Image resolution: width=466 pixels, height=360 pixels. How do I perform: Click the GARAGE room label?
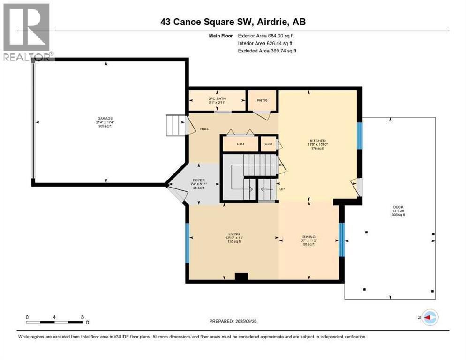[x=105, y=118]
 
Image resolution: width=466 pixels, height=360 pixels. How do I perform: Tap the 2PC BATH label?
[x=217, y=98]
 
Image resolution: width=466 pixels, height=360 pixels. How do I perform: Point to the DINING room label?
[x=308, y=237]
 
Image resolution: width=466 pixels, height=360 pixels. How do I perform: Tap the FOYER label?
[x=199, y=179]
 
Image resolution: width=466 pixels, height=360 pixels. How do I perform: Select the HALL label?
[x=204, y=128]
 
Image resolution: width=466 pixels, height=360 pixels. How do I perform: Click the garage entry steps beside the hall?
[x=175, y=126]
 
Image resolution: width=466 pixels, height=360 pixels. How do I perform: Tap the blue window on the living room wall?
[x=187, y=239]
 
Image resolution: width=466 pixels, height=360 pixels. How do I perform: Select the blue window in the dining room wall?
[x=341, y=240]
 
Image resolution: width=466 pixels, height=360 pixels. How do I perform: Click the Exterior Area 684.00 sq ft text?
[x=266, y=36]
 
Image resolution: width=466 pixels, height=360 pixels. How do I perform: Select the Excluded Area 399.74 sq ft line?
[x=267, y=51]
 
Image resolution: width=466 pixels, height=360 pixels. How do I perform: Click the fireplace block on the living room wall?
[x=241, y=277]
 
